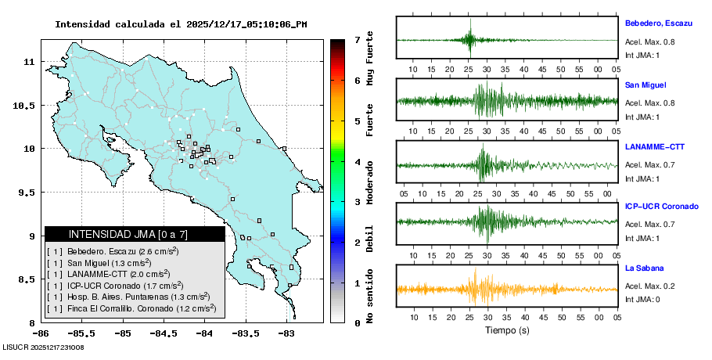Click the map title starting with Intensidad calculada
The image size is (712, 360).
click(x=181, y=24)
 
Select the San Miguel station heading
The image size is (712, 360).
click(x=645, y=85)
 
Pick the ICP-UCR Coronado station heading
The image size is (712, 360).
click(x=661, y=207)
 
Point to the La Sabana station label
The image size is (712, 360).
click(x=644, y=268)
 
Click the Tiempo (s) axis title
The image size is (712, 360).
click(x=507, y=330)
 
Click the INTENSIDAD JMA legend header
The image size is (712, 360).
click(x=135, y=234)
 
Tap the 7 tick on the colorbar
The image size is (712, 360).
click(x=357, y=39)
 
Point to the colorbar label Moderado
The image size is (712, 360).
click(x=369, y=182)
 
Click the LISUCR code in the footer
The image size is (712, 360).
click(x=44, y=347)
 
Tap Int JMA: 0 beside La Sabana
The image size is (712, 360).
click(x=642, y=299)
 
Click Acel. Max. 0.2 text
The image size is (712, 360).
click(x=649, y=286)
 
